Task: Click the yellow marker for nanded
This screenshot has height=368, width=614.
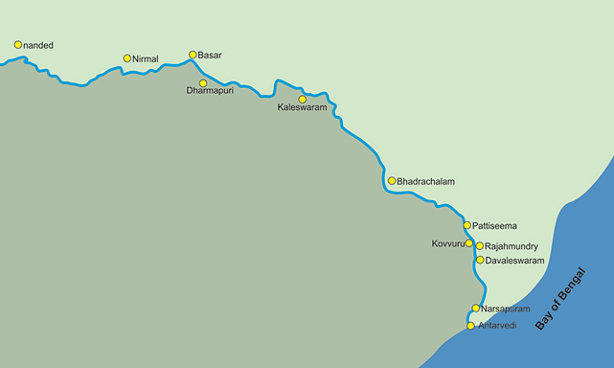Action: [x=17, y=44]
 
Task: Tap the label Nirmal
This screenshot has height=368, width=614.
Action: [x=146, y=59]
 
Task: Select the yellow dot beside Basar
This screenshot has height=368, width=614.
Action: [x=193, y=55]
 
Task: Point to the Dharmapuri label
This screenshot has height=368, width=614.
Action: [x=210, y=94]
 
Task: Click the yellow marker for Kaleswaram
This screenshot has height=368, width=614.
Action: [x=303, y=99]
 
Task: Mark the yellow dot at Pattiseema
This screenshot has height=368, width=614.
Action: [x=467, y=225]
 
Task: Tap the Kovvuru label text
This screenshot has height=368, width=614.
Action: [x=447, y=244]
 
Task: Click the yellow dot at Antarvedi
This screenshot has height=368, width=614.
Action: [x=470, y=326]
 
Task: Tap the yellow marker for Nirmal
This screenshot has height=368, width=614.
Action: [x=126, y=58]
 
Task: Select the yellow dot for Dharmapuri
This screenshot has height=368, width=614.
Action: [x=203, y=83]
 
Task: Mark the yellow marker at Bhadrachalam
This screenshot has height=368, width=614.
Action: [x=391, y=180]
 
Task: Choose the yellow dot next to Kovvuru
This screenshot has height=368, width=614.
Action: [x=469, y=243]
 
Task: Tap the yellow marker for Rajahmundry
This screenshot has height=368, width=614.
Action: [x=480, y=246]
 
